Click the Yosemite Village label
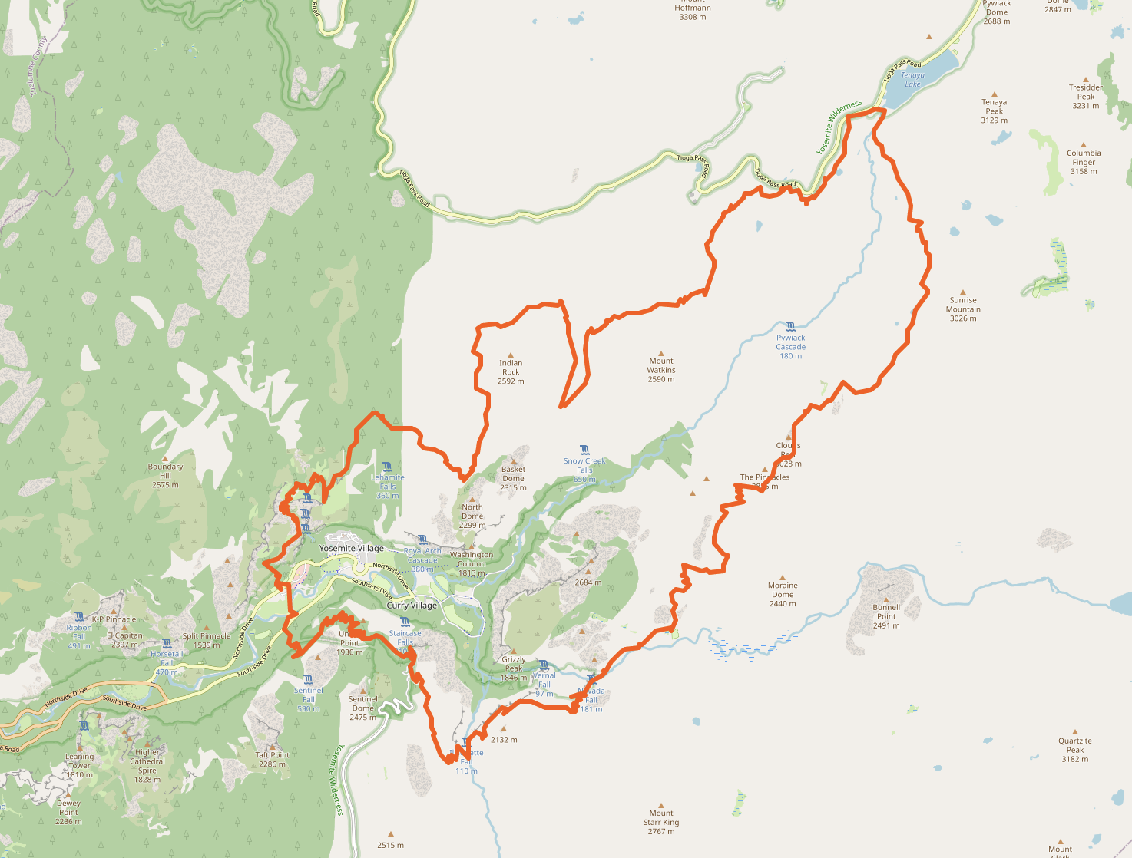tap(352, 548)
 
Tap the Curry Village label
tap(412, 606)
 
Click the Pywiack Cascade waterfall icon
tap(790, 326)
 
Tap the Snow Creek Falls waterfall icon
tap(584, 450)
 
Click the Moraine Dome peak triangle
tap(783, 577)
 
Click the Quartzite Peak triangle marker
tap(1075, 732)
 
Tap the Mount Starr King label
tap(661, 823)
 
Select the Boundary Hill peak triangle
tap(165, 458)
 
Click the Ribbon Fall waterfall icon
tap(79, 616)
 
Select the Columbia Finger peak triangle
tap(1084, 144)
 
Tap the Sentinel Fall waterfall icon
tap(308, 679)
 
